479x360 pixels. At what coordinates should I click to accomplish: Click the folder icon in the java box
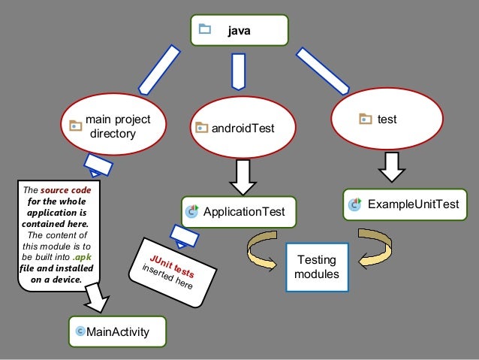coord(205,29)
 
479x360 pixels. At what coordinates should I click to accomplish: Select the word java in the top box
coord(239,31)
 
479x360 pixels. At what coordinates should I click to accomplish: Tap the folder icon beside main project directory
coord(76,126)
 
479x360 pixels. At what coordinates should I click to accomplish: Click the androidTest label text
coord(243,129)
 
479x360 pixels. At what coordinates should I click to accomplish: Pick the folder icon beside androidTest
coord(201,127)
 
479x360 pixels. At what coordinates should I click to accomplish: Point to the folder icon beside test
coord(366,119)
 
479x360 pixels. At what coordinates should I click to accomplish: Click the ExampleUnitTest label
coord(414,204)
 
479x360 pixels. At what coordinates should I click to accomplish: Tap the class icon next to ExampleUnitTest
coord(354,204)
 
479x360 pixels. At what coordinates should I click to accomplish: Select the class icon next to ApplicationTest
coord(192,211)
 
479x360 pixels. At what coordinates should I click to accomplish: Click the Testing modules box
coord(317,267)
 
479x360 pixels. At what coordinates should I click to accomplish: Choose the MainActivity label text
coord(118,332)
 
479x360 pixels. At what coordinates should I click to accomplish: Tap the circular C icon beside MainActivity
coord(80,331)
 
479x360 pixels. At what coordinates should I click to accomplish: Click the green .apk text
coord(82,257)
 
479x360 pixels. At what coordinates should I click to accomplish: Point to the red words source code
coord(65,190)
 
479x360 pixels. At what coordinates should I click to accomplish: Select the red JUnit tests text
coord(172,267)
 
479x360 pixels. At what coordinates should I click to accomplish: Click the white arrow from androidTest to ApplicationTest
coord(243,177)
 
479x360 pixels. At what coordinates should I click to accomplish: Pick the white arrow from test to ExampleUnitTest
coord(392,168)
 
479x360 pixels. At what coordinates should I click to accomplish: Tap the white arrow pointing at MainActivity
coord(97,298)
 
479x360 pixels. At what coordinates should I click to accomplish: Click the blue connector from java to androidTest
coord(239,72)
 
